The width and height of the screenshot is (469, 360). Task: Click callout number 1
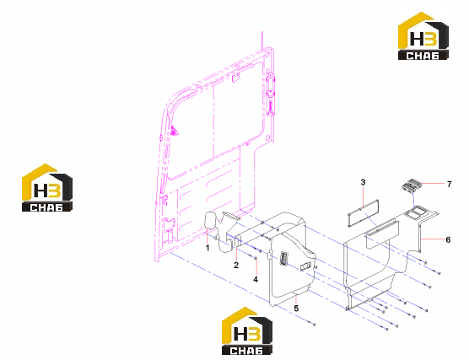[x=208, y=248]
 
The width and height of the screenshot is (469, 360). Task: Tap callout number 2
[x=236, y=265]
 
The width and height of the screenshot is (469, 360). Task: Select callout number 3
[x=363, y=182]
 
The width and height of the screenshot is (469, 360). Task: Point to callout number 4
[x=256, y=279]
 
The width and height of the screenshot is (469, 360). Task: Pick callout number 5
[x=296, y=308]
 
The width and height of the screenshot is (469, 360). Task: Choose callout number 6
[x=448, y=239]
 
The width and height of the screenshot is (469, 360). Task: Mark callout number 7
[x=449, y=184]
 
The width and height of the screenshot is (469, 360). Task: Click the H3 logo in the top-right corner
[x=423, y=36]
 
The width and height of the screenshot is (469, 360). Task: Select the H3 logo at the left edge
[x=47, y=188]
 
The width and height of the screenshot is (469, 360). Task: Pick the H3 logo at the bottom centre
[x=247, y=331]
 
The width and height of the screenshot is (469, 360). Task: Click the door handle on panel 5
[x=283, y=258]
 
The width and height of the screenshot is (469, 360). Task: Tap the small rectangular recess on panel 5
[x=305, y=266]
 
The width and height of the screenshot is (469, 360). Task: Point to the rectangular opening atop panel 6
[x=415, y=212]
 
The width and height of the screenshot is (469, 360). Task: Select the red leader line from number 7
[x=433, y=183]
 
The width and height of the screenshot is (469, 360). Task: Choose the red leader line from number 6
[x=433, y=239]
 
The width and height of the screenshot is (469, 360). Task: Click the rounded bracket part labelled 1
[x=209, y=221]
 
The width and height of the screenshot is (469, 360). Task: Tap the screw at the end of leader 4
[x=256, y=257]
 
